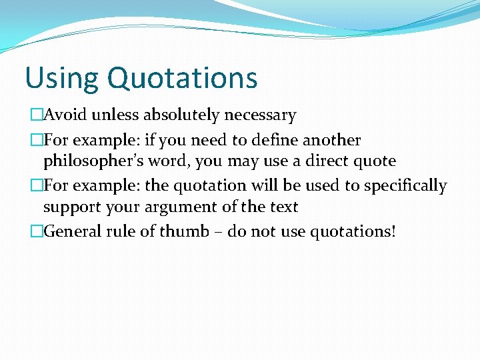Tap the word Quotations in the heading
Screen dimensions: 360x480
point(182,78)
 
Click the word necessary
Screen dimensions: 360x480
point(260,115)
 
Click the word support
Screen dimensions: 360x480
point(72,207)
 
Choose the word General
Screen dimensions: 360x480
point(73,232)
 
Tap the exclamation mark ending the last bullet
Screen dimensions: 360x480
point(393,232)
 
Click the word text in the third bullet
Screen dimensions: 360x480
point(282,207)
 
